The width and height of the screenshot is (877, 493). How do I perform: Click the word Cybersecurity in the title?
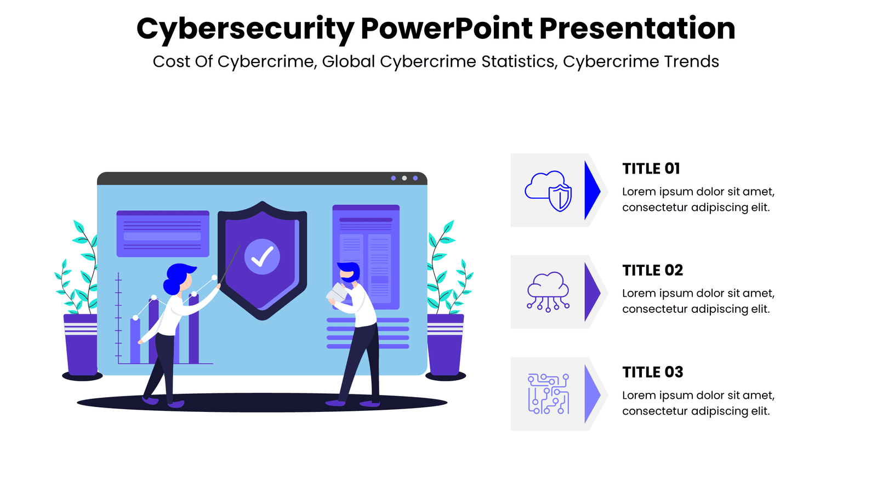click(246, 29)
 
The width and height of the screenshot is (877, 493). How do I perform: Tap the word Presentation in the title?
click(637, 28)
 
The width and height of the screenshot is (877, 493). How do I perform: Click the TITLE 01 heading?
click(651, 169)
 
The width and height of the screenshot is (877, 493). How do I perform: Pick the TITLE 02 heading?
click(652, 271)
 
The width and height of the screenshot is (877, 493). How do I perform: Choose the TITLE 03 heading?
click(652, 372)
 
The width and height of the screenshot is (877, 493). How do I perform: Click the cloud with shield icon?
click(548, 191)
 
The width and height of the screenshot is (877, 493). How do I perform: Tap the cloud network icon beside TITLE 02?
click(548, 292)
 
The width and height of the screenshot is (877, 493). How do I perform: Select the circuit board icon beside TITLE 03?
click(548, 394)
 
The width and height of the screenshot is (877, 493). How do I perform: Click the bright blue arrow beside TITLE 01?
click(591, 191)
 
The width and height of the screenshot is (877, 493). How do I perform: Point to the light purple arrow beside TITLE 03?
click(591, 394)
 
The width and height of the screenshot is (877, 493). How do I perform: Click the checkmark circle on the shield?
click(262, 257)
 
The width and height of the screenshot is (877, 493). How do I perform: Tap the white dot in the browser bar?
click(405, 179)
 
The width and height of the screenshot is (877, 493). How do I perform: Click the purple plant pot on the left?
click(82, 345)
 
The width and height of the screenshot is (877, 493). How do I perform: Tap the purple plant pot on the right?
click(445, 345)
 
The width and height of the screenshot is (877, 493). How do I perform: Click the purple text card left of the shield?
click(163, 234)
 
